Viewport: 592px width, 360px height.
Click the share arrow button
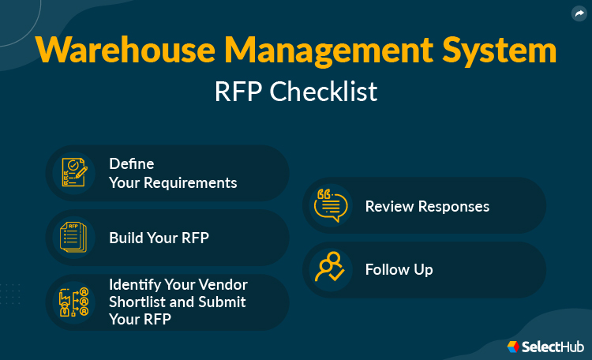pos(579,13)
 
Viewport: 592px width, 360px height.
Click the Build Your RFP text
pos(159,238)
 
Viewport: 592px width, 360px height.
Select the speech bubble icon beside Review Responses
pos(331,205)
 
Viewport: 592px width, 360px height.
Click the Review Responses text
pos(427,206)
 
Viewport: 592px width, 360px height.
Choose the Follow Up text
pos(399,269)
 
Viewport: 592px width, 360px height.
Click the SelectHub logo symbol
pos(514,346)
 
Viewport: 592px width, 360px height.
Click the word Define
pos(131,164)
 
